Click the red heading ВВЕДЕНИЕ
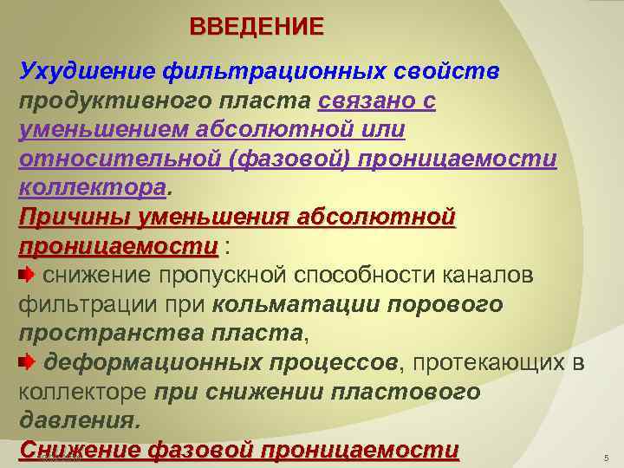(257, 27)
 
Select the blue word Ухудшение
(88, 72)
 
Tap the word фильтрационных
(274, 73)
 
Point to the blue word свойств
(446, 72)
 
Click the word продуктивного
(115, 101)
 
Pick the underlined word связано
(364, 101)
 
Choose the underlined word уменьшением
(103, 130)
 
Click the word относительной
(120, 159)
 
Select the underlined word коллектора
(93, 188)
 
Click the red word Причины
(75, 218)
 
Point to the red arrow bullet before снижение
(27, 275)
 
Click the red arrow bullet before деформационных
(27, 362)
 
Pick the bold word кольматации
(296, 305)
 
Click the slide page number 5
(607, 458)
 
